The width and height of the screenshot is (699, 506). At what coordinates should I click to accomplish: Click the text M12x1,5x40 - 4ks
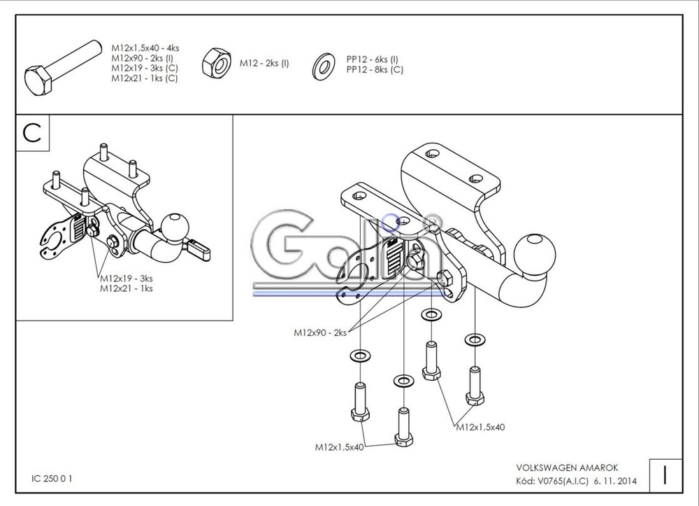(x=145, y=48)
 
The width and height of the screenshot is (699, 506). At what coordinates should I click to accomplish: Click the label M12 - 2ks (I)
(x=264, y=63)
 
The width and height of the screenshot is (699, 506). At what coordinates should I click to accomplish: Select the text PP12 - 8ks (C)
(x=375, y=69)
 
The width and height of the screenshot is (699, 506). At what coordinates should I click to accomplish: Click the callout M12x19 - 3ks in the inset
(x=127, y=279)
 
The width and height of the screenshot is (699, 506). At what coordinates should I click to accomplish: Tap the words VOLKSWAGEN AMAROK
(x=567, y=467)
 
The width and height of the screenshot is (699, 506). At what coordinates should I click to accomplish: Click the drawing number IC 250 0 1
(x=52, y=479)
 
